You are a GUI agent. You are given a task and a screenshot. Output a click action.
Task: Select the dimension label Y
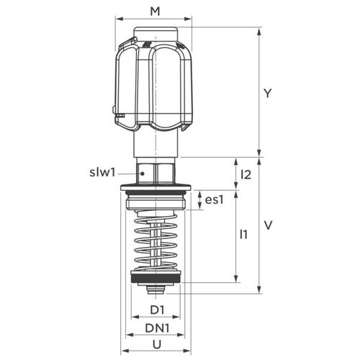point(267,93)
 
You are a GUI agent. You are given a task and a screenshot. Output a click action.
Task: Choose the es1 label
point(215,200)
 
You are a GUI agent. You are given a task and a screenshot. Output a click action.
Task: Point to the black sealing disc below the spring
point(156,278)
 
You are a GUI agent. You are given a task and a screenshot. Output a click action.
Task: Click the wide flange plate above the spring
point(156,192)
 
